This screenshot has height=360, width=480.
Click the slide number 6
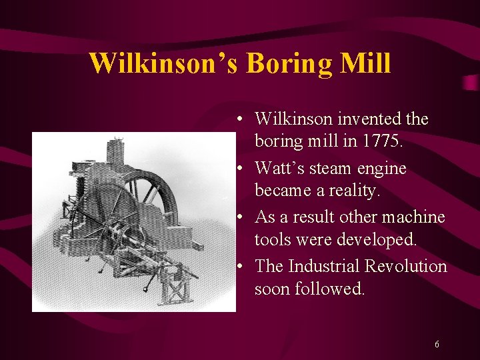(x=437, y=345)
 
